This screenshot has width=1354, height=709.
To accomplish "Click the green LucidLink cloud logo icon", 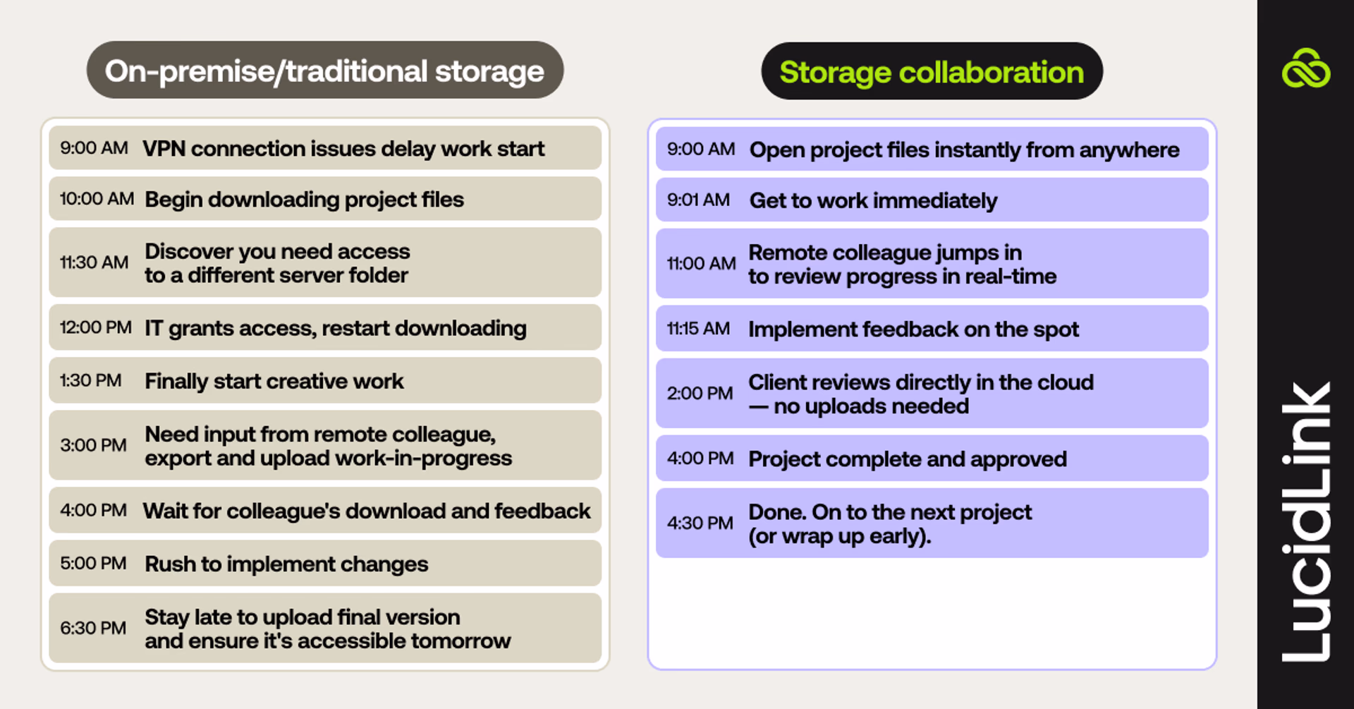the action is coord(1306,68).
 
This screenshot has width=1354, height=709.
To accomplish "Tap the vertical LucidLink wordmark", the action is coord(1306,522).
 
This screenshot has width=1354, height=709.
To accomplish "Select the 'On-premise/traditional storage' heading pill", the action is coord(325,70).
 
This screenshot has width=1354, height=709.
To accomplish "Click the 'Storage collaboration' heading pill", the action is coord(932,71).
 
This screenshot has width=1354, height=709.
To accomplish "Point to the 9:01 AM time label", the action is coord(698,200).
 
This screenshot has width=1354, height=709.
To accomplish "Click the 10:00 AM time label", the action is coord(97,199).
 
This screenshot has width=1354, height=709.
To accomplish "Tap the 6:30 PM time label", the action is coord(93,628).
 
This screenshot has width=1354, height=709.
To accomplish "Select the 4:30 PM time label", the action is coord(700,523).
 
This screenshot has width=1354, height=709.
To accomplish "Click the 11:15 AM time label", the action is coord(698,329).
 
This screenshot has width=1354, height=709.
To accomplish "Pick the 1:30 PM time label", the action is coord(90,381).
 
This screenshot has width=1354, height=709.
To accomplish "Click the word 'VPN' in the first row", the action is coord(164,149).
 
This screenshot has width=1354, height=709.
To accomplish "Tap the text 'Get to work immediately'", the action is coord(873,201).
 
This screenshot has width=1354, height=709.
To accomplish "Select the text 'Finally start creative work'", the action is coord(274,382).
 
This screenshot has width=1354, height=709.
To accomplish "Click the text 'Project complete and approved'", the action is coord(908,459).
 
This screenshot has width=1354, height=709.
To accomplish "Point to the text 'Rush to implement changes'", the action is coord(286,564).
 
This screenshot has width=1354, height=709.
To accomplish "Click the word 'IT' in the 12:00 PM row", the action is coord(154,328).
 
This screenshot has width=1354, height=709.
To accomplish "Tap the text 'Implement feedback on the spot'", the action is coord(913,329).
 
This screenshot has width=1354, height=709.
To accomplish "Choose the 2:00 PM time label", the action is coord(700,394).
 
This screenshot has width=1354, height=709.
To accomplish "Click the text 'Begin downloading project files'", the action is coord(304,200).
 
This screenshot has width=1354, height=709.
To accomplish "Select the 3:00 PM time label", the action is coord(93,446).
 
